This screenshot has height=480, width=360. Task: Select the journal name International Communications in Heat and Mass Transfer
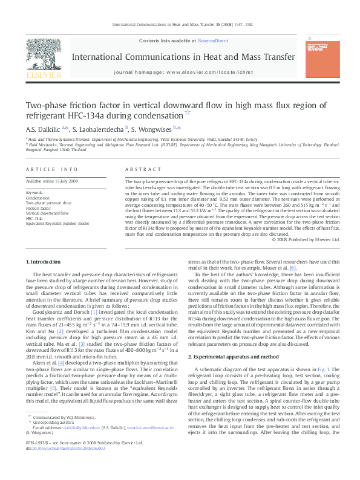pos(184,57)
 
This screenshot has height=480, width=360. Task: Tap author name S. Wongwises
pos(151,129)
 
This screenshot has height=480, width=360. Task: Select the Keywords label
pos(35,192)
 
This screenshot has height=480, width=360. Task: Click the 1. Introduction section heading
pos(45,261)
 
